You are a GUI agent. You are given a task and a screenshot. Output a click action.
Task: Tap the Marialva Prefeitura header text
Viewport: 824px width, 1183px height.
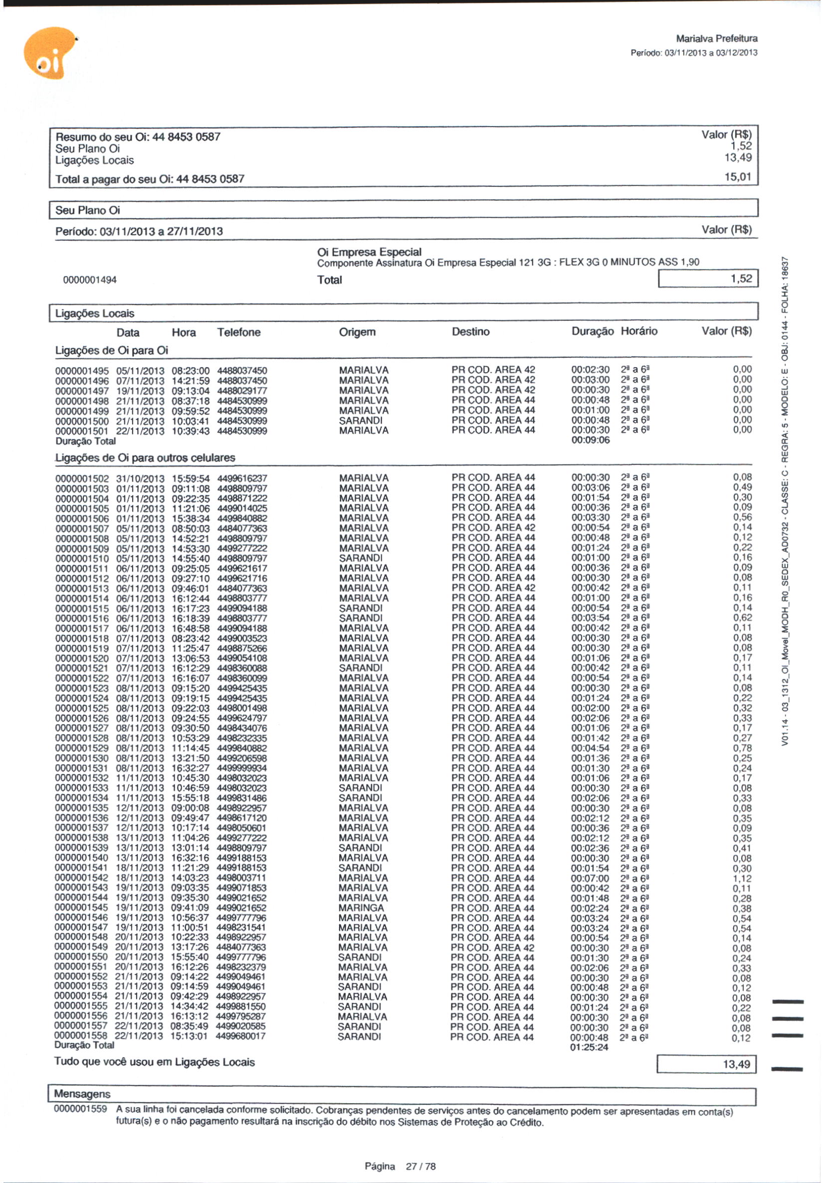click(716, 39)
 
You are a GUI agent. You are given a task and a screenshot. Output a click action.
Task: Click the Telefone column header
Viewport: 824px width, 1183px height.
click(239, 332)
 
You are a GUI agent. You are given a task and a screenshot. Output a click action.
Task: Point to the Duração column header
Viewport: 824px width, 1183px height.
click(592, 331)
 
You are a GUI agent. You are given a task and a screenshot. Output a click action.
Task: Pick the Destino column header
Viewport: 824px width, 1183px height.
click(470, 332)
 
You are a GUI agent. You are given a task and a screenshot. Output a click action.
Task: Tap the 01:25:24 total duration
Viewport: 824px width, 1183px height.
click(589, 1047)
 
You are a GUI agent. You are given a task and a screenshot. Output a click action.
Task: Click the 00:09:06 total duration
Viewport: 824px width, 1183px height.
click(591, 440)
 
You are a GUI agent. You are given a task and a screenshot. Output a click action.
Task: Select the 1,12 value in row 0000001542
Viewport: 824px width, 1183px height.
click(742, 879)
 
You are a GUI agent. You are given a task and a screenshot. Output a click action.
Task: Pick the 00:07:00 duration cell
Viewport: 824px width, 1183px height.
click(590, 878)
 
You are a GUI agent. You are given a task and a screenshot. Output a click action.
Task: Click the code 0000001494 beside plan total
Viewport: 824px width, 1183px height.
click(90, 280)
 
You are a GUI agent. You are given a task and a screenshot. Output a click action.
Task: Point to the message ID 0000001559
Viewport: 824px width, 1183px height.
click(80, 1109)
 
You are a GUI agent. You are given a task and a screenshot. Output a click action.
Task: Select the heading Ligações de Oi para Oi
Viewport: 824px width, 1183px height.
click(111, 350)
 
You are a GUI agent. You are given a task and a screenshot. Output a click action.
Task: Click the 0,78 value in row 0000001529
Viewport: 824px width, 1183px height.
click(742, 748)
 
